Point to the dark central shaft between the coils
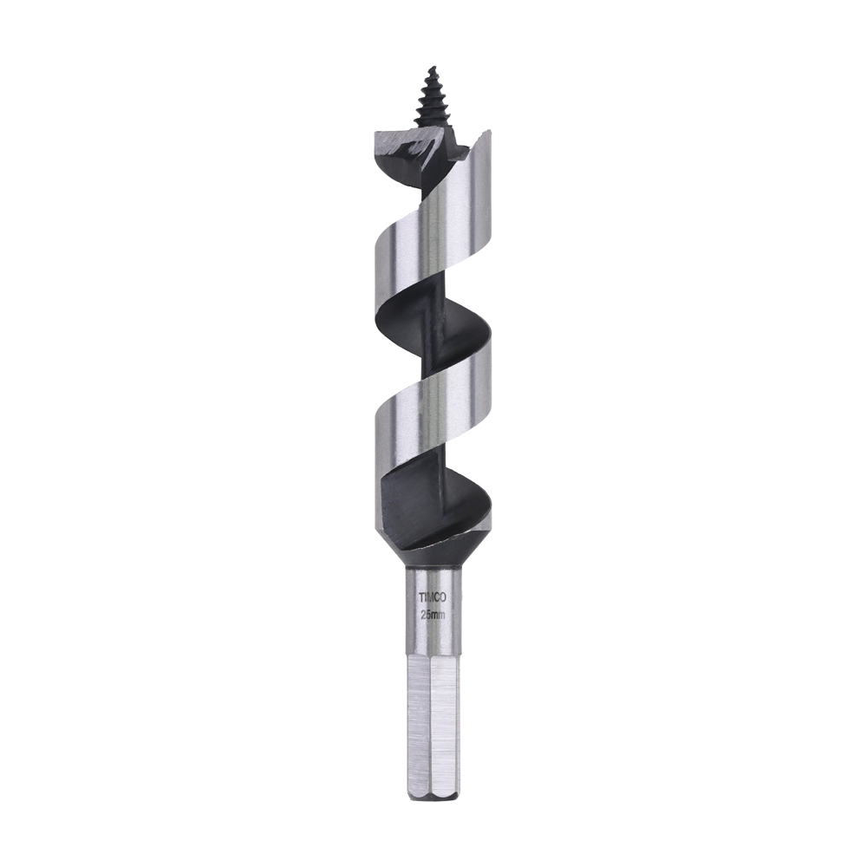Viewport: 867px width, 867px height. point(433,364)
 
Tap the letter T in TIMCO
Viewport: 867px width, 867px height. point(421,597)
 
